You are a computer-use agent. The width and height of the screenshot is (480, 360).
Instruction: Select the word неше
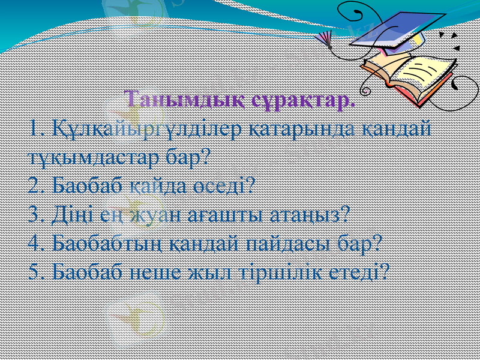[160, 272]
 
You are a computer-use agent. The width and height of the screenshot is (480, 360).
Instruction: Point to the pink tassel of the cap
[325, 39]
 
